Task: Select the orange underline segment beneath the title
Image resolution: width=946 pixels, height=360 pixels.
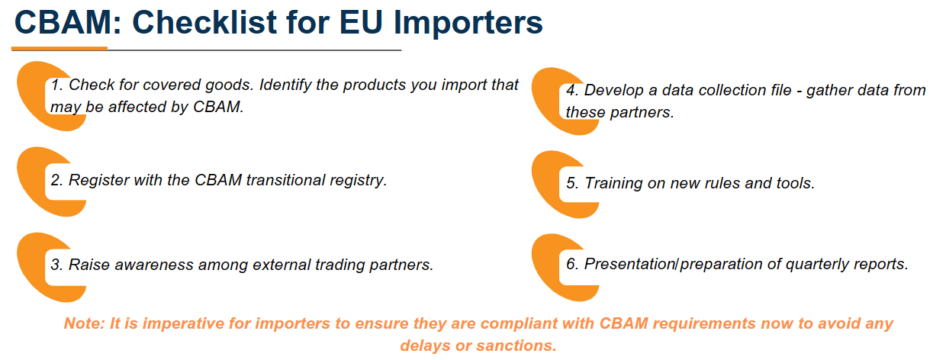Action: [60, 49]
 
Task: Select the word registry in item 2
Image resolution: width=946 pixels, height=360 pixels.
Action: [359, 181]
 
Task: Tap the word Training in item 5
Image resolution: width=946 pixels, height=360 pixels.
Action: [614, 184]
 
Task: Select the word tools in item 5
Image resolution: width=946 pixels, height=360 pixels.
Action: [794, 184]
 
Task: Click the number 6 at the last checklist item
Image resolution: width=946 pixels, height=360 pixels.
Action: [571, 265]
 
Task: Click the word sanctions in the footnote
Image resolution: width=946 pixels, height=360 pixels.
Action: [515, 346]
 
